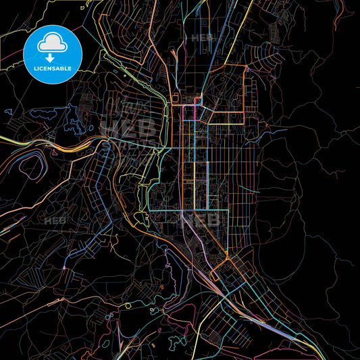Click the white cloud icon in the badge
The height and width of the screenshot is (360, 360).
pyautogui.click(x=52, y=45)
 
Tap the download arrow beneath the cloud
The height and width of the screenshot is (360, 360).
pyautogui.click(x=52, y=58)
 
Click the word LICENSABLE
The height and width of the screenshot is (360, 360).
pyautogui.click(x=52, y=69)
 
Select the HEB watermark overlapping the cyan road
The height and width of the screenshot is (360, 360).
pyautogui.click(x=203, y=220)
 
